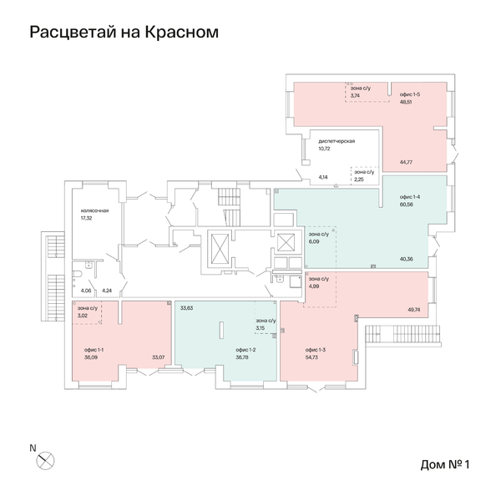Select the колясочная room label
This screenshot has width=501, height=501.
(x=95, y=210)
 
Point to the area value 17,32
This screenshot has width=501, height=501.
(x=86, y=218)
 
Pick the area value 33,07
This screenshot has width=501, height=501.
(x=156, y=357)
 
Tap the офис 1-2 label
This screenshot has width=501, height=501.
(x=245, y=350)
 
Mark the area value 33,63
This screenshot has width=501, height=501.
(x=186, y=308)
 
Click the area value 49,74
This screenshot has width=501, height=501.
(x=413, y=309)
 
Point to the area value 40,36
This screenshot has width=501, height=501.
(x=407, y=258)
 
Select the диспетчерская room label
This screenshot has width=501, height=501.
(x=337, y=141)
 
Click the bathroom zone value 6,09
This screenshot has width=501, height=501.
(x=315, y=242)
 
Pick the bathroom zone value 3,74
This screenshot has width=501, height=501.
(x=355, y=96)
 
